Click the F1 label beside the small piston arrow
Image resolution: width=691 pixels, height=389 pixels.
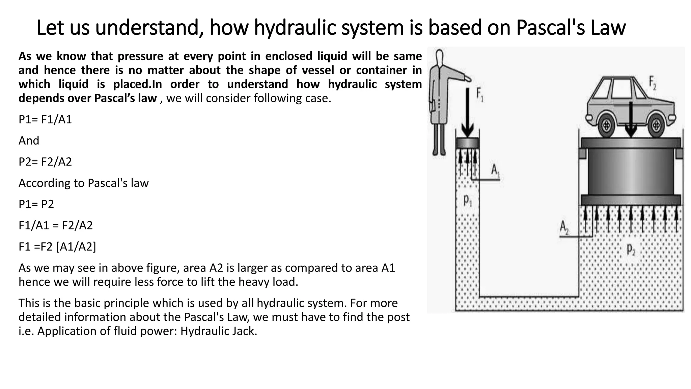[479, 95]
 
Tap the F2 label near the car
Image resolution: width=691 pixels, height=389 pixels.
[653, 83]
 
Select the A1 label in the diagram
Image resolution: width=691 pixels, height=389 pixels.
[495, 171]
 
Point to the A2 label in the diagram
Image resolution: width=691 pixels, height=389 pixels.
[564, 227]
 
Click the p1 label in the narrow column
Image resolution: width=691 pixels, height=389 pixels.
[468, 201]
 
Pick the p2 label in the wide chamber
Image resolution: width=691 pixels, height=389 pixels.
[631, 250]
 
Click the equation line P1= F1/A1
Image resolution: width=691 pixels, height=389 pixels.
[45, 120]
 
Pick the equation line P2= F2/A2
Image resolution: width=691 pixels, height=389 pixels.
[45, 162]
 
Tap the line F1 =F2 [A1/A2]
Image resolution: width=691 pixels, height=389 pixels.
[57, 247]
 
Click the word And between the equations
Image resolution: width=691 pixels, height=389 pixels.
[29, 140]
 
